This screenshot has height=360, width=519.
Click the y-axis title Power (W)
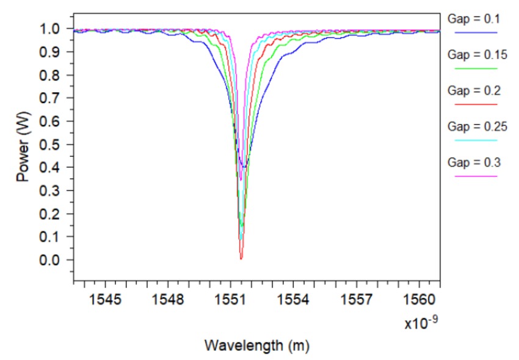[x=23, y=144]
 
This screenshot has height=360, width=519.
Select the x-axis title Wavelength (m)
[x=256, y=346]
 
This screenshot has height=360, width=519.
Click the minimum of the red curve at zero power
[x=241, y=259]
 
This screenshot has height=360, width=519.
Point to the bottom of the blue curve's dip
[x=244, y=167]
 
